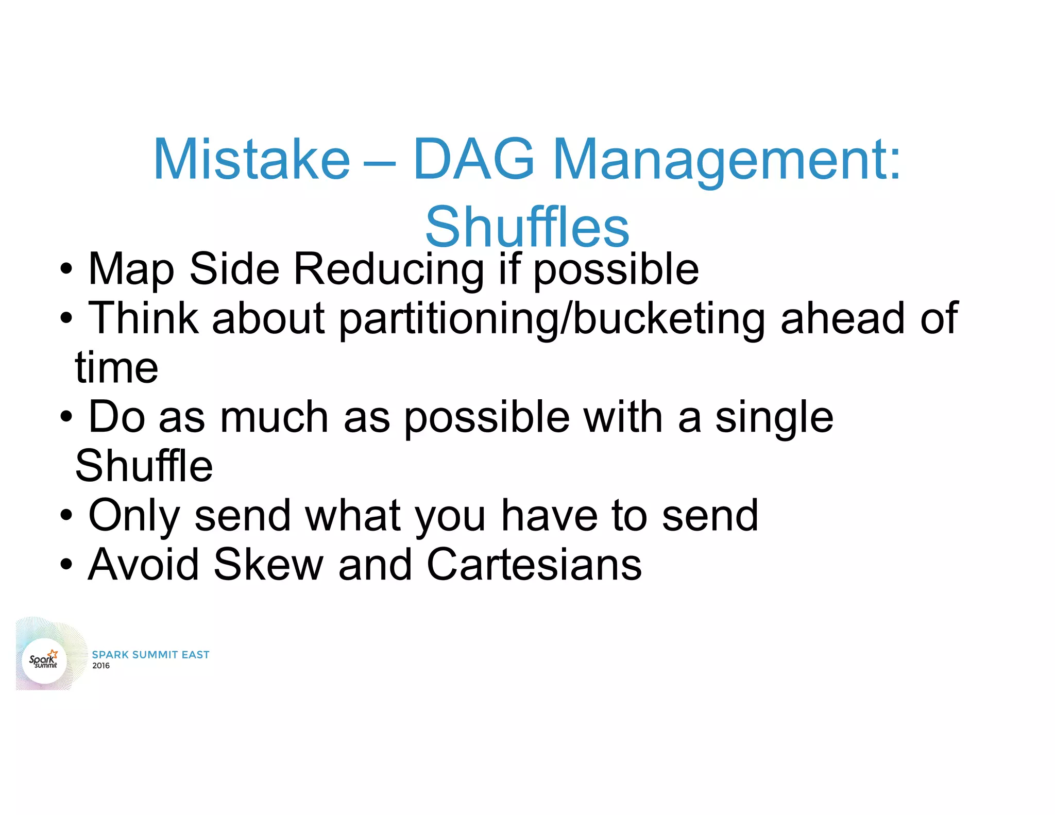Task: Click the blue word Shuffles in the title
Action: pos(527,227)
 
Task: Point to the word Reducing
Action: pos(388,269)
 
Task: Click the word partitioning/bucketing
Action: pos(552,318)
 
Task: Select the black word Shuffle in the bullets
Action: pos(144,466)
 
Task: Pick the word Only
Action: pos(134,515)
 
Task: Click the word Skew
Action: pos(268,564)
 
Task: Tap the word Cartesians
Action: pos(534,564)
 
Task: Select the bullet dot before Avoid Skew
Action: pos(66,565)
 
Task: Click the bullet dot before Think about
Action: pos(66,318)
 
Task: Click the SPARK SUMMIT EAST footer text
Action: pos(150,654)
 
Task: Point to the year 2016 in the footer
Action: pos(101,666)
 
